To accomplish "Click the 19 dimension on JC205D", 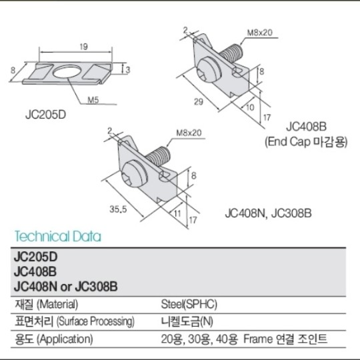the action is click(x=84, y=47).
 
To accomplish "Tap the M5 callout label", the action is click(x=93, y=100).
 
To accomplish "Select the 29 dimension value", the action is click(x=199, y=101).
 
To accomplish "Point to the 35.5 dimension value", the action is click(x=118, y=209).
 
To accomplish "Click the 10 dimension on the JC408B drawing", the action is click(x=250, y=107).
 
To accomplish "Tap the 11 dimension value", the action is click(x=177, y=213).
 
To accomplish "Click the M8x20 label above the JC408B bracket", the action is click(x=260, y=33).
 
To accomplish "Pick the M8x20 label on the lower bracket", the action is click(x=189, y=133).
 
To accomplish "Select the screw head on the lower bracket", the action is click(x=133, y=174).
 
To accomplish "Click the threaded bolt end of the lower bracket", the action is click(x=159, y=155).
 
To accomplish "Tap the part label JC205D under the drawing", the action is click(x=46, y=115).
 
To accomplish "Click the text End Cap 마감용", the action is click(x=306, y=142).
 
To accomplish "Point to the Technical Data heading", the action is click(x=58, y=236).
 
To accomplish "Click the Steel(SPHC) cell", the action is click(x=189, y=305).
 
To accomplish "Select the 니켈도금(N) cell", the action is click(x=187, y=321).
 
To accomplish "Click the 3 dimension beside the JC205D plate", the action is click(x=128, y=69).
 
